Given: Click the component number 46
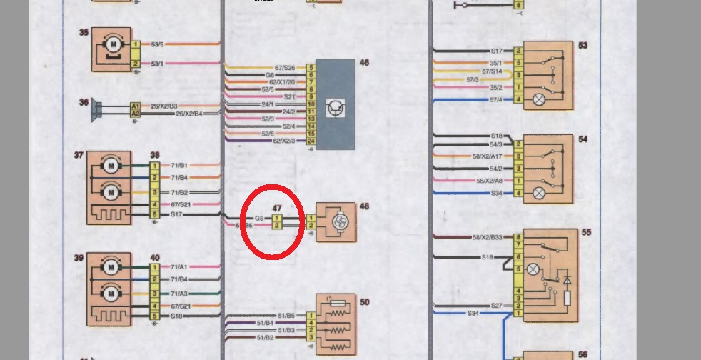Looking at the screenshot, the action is pos(364,64).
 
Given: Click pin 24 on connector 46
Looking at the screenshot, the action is pos(311,141).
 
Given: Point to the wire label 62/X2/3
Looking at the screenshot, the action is pos(284,141).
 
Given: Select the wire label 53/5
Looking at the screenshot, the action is pos(157,44).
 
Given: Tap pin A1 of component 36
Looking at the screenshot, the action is pos(135,106).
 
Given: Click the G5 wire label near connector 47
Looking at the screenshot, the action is pos(260,218).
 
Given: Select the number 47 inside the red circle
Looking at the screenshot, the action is pos(278,208).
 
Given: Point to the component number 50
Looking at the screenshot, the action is pos(364,303).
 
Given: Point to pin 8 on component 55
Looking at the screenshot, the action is pos(518,237).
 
